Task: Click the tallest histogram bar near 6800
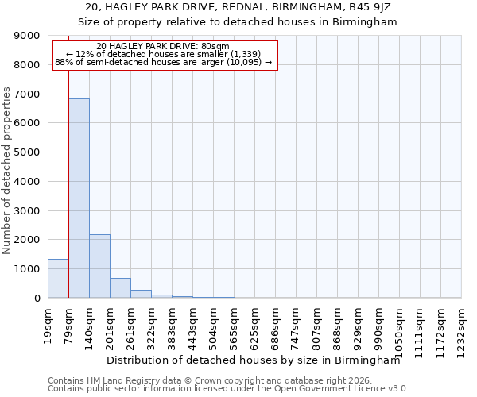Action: pyautogui.click(x=79, y=198)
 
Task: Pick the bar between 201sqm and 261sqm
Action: pyautogui.click(x=120, y=288)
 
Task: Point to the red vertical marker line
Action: pyautogui.click(x=69, y=159)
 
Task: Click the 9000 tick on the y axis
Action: pyautogui.click(x=27, y=36)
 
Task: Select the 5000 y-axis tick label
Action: pyautogui.click(x=27, y=152)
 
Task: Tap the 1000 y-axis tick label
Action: pyautogui.click(x=27, y=269)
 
